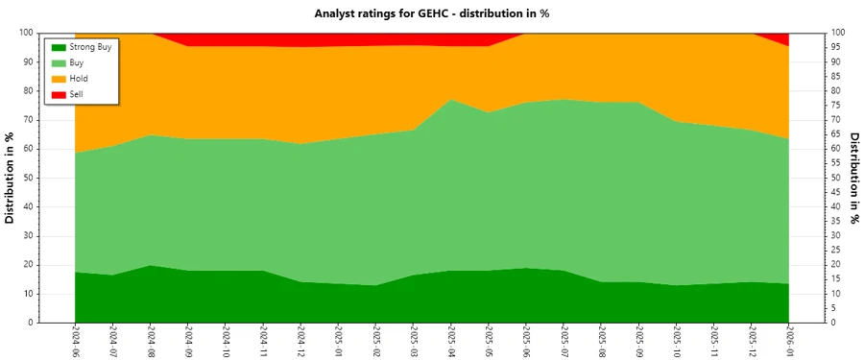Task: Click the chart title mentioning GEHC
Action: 431,13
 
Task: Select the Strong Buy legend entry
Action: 91,46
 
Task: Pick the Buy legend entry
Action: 78,62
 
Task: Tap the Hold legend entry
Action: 79,79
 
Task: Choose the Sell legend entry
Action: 77,94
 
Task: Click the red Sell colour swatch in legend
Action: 59,94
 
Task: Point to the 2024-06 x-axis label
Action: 75,340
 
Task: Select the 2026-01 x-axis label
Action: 789,340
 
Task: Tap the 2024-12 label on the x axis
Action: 300,340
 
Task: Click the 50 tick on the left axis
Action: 29,178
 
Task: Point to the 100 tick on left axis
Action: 27,33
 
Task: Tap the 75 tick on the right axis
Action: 837,106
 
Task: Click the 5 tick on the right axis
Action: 834,308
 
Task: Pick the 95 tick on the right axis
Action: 837,47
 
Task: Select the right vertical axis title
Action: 854,178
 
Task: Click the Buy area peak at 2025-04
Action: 451,100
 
